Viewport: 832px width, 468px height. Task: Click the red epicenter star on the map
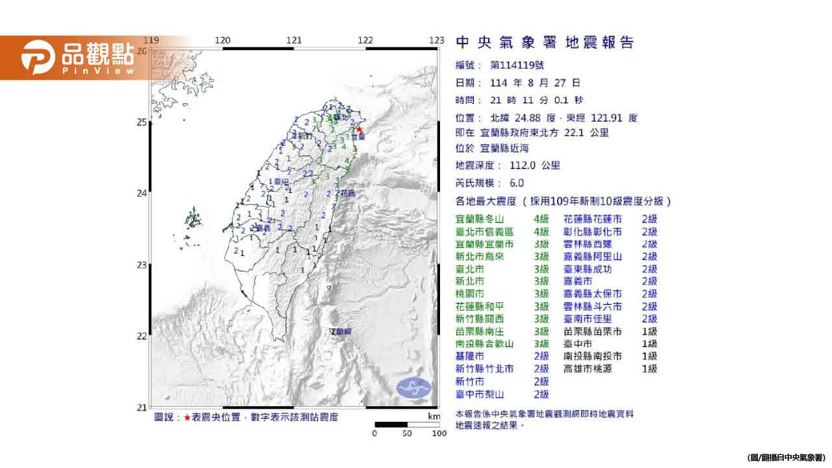point(359,129)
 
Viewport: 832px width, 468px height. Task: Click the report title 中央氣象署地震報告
point(545,43)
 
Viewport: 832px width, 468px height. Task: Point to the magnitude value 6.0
point(517,183)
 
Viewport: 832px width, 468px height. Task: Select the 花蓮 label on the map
point(348,193)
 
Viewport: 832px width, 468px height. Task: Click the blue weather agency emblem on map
point(413,388)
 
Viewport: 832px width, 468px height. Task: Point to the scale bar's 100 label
point(439,434)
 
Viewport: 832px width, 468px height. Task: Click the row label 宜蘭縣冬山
point(480,220)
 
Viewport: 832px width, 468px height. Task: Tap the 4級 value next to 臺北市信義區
point(541,232)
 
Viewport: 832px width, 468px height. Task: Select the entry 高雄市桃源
point(592,369)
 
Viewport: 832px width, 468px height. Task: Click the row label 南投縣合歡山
point(485,344)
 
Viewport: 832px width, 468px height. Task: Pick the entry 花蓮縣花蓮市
point(592,220)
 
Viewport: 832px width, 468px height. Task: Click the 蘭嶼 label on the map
point(340,332)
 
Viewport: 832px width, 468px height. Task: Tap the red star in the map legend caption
point(187,418)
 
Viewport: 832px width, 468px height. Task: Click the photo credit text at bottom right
point(786,458)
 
